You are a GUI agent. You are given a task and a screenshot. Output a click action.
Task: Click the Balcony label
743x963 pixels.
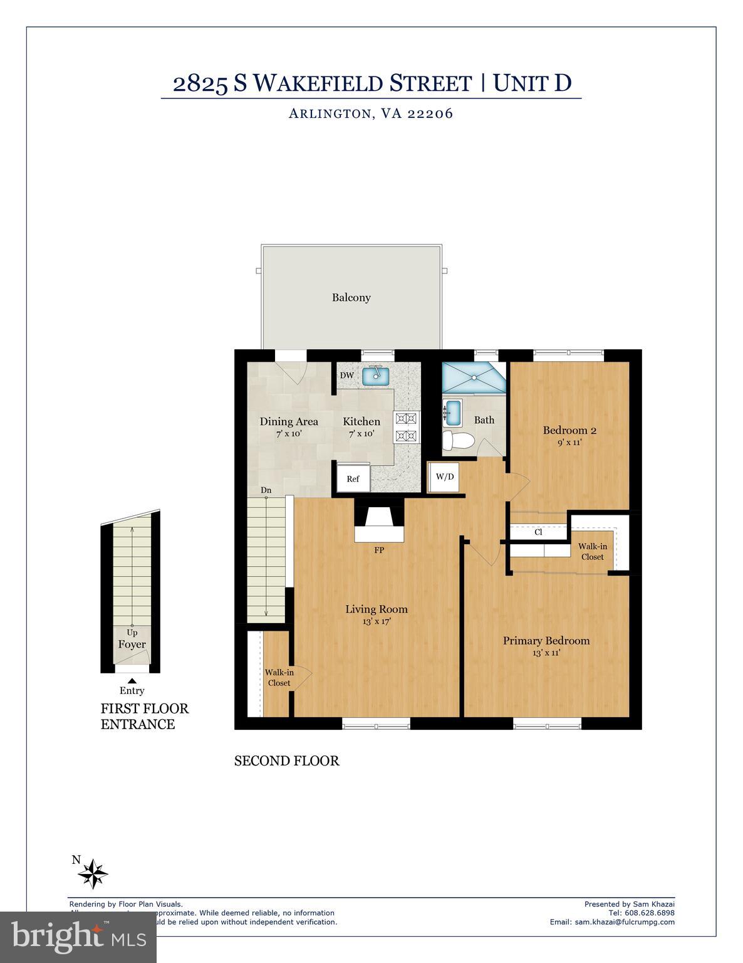tap(351, 298)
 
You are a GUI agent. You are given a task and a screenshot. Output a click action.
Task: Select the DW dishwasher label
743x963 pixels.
tap(346, 376)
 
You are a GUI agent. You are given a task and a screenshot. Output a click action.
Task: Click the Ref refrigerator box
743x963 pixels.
tap(353, 479)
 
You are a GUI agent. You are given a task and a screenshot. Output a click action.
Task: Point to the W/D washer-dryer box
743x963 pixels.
tap(445, 476)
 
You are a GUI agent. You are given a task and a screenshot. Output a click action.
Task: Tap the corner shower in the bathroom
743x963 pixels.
tap(474, 377)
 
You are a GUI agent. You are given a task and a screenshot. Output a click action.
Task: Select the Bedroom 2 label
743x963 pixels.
tap(569, 430)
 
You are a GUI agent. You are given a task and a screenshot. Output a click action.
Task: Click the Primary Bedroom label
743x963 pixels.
tap(546, 641)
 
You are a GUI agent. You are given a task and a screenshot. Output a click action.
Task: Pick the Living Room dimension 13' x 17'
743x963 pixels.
tap(377, 622)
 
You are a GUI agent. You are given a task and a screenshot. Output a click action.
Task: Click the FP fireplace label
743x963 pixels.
tap(379, 550)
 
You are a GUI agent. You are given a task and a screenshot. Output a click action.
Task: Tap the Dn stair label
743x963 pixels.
tap(266, 490)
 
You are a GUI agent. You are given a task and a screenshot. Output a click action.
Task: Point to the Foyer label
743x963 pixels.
tap(132, 645)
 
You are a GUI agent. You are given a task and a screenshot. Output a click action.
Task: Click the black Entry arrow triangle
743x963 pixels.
tap(132, 680)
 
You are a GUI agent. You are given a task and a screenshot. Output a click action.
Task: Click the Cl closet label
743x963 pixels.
tap(538, 532)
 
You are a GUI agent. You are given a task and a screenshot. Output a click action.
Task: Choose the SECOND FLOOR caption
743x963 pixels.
tap(286, 761)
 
